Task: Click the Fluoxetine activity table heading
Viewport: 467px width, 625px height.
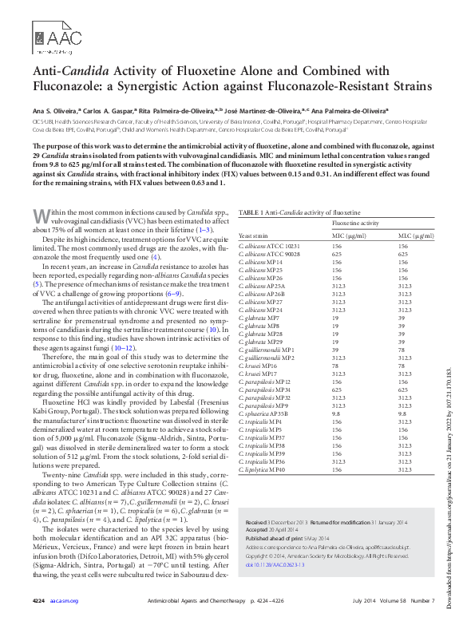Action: click(x=354, y=224)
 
